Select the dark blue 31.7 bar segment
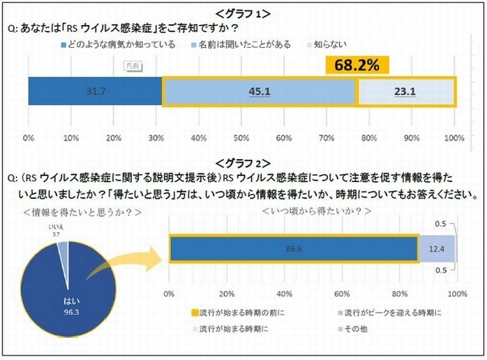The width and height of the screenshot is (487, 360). pyautogui.click(x=95, y=91)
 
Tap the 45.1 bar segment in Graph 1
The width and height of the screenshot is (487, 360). pyautogui.click(x=259, y=91)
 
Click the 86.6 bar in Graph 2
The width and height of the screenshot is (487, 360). pyautogui.click(x=293, y=248)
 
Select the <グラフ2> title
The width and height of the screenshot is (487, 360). pyautogui.click(x=243, y=162)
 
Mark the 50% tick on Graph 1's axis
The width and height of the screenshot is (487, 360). pyautogui.click(x=241, y=139)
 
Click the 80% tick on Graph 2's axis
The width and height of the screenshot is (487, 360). pyautogui.click(x=399, y=294)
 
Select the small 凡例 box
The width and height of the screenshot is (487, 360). pyautogui.click(x=134, y=66)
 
